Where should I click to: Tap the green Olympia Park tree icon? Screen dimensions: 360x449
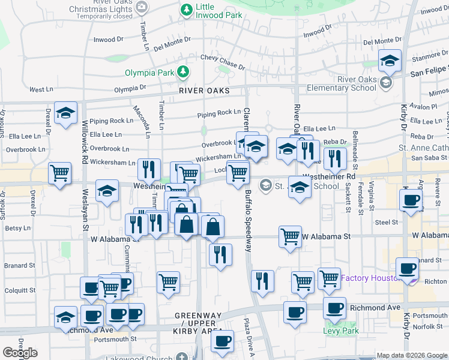(183, 73)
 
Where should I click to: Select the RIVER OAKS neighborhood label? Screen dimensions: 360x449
(204, 91)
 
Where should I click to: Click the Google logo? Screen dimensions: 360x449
(20, 353)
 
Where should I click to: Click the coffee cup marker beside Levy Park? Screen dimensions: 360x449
(334, 308)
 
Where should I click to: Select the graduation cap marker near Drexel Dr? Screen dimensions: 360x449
(65, 112)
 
